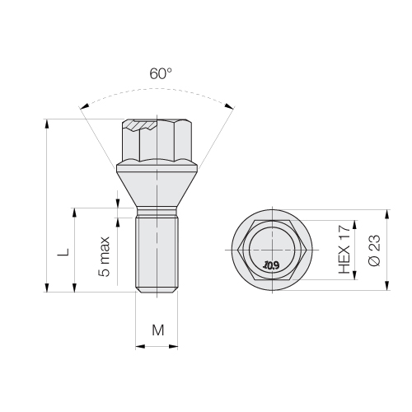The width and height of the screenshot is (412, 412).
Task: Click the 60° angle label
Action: tap(161, 73)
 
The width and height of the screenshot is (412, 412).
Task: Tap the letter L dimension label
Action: tap(63, 252)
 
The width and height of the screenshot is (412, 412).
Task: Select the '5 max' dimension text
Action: tap(104, 256)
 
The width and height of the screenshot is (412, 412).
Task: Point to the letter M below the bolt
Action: tap(158, 330)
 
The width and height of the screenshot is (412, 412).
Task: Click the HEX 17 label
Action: tap(344, 249)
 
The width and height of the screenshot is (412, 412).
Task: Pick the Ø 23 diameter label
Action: tap(374, 250)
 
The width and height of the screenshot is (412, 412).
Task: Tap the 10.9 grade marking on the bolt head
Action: tap(271, 265)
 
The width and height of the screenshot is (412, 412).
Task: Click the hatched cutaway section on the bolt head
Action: tap(141, 124)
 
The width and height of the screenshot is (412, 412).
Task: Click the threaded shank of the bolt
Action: tap(157, 251)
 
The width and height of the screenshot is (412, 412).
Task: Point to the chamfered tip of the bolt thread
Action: tap(157, 290)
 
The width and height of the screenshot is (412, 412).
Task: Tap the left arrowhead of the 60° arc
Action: tap(84, 107)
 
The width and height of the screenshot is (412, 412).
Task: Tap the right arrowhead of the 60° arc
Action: tap(230, 106)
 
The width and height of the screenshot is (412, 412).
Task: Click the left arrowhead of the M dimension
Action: tap(140, 346)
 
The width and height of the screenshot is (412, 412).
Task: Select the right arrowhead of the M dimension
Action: tap(173, 346)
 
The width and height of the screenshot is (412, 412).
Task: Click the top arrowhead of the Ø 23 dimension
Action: tap(387, 214)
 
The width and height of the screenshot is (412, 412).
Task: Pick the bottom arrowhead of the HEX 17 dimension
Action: tap(354, 275)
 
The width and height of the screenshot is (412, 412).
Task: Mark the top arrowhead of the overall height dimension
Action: tap(47, 124)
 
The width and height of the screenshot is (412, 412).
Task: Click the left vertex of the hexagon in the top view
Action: tap(238, 250)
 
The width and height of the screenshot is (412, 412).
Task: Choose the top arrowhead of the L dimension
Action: tap(74, 213)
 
